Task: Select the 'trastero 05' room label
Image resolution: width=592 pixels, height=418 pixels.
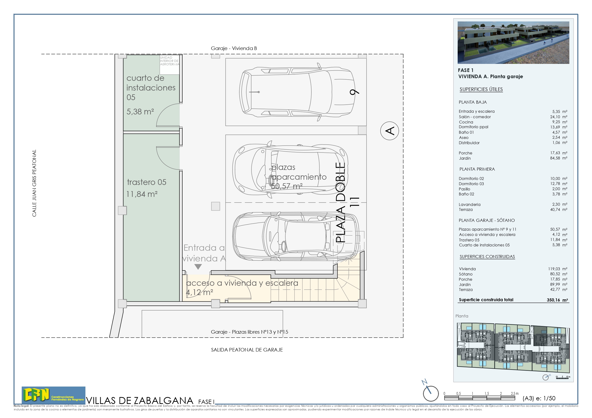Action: [x=147, y=182]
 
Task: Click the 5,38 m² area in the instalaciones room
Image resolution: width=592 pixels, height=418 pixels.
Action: [x=140, y=112]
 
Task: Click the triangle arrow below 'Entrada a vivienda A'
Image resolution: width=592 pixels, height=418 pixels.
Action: [x=198, y=267]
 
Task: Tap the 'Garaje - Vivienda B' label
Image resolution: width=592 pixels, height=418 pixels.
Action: [x=234, y=48]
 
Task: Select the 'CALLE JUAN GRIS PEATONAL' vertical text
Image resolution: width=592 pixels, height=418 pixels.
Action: [x=34, y=183]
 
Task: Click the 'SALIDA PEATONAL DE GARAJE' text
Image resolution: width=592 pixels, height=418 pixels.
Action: [x=247, y=350]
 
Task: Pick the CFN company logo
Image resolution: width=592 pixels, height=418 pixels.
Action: [x=53, y=395]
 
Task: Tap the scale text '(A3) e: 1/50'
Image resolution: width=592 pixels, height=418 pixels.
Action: [x=539, y=398]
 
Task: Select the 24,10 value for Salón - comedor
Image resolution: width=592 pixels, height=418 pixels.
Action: [x=555, y=117]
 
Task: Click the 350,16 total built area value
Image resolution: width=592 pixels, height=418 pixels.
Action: [x=553, y=300]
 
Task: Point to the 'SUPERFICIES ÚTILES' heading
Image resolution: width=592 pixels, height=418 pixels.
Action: [x=481, y=89]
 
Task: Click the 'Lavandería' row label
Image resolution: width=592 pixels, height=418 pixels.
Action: [x=469, y=204]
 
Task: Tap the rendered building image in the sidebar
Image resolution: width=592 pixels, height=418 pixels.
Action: [x=513, y=43]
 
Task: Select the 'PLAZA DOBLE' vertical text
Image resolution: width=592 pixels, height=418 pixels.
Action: [x=340, y=202]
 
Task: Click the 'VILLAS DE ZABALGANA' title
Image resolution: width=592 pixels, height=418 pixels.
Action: [x=140, y=401]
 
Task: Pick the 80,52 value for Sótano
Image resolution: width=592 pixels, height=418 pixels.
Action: [x=555, y=274]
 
